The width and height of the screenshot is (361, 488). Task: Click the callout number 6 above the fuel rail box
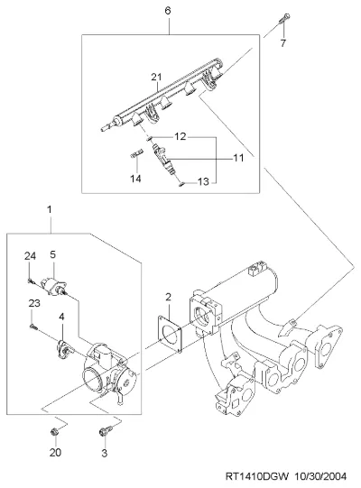pyautogui.click(x=168, y=11)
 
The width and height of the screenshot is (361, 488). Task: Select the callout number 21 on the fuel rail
pyautogui.click(x=157, y=77)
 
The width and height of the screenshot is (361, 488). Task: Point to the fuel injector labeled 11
pyautogui.click(x=162, y=157)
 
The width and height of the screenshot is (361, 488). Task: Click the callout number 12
pyautogui.click(x=180, y=136)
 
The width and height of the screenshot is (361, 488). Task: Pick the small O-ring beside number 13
pyautogui.click(x=182, y=185)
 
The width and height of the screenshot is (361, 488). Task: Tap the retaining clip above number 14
pyautogui.click(x=136, y=153)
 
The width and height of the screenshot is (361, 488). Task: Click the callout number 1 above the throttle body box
pyautogui.click(x=50, y=209)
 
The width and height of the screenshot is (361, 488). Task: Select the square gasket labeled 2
pyautogui.click(x=170, y=334)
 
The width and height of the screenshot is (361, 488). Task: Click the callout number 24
pyautogui.click(x=30, y=256)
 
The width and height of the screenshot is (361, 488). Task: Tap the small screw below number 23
pyautogui.click(x=34, y=327)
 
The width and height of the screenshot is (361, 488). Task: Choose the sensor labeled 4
pyautogui.click(x=64, y=349)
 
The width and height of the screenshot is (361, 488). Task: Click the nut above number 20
pyautogui.click(x=54, y=432)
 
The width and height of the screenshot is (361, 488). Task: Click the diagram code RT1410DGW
pyautogui.click(x=257, y=476)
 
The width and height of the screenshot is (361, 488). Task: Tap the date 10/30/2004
pyautogui.click(x=320, y=476)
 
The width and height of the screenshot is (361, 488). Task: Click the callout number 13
pyautogui.click(x=203, y=181)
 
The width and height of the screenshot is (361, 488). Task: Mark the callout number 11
pyautogui.click(x=238, y=158)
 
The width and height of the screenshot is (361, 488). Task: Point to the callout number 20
pyautogui.click(x=55, y=453)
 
